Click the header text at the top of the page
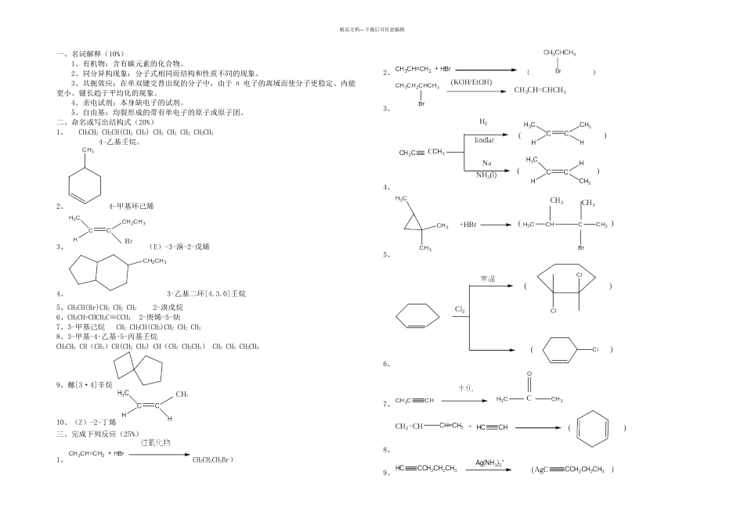[x=372, y=29]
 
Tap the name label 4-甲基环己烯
[x=132, y=206]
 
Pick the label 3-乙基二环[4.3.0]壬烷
[x=206, y=294]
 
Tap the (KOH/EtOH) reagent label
[x=471, y=81]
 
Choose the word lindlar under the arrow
[x=485, y=139]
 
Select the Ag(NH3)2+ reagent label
[x=489, y=463]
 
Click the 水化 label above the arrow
[x=468, y=388]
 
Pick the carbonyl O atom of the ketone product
[x=530, y=374]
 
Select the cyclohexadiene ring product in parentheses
[x=594, y=428]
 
